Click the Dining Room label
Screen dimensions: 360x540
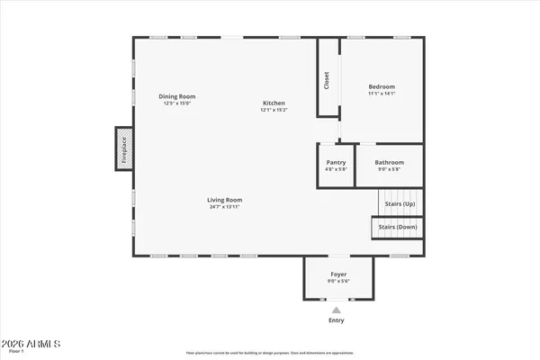click(x=177, y=96)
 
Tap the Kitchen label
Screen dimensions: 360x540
click(x=274, y=103)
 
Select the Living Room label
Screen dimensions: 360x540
click(x=225, y=200)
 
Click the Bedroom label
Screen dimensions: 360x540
click(x=382, y=86)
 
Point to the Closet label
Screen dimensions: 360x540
click(x=327, y=80)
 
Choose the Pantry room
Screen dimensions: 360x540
click(x=336, y=166)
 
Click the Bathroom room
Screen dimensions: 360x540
click(x=389, y=166)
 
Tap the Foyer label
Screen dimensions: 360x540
click(x=337, y=274)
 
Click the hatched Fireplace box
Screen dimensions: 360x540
click(x=123, y=148)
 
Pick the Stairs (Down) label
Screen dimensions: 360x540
click(x=397, y=227)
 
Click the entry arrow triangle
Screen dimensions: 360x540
click(x=337, y=310)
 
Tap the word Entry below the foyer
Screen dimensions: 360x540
click(x=337, y=320)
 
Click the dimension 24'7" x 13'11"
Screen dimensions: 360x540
click(x=225, y=207)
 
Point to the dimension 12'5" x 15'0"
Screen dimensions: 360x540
click(x=177, y=103)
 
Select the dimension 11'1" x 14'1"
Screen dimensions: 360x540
click(x=382, y=94)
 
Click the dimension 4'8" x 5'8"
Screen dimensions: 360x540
click(x=336, y=169)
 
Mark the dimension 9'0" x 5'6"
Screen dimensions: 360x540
click(x=337, y=281)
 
